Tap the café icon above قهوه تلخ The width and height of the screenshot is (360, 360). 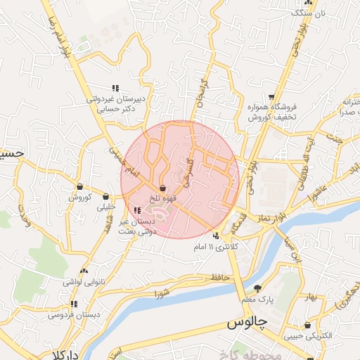[163, 188]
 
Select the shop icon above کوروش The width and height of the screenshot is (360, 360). [81, 187]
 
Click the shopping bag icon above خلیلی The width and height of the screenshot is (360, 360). [106, 196]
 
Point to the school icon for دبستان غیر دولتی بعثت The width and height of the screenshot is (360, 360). [136, 210]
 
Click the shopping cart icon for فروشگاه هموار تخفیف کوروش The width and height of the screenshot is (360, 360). [271, 97]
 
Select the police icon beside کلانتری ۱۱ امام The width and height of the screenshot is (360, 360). [217, 236]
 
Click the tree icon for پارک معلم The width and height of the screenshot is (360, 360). [257, 288]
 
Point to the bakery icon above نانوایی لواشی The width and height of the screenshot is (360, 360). [84, 271]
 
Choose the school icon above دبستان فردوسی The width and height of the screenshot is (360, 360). [74, 304]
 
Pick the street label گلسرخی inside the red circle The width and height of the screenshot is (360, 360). [186, 171]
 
